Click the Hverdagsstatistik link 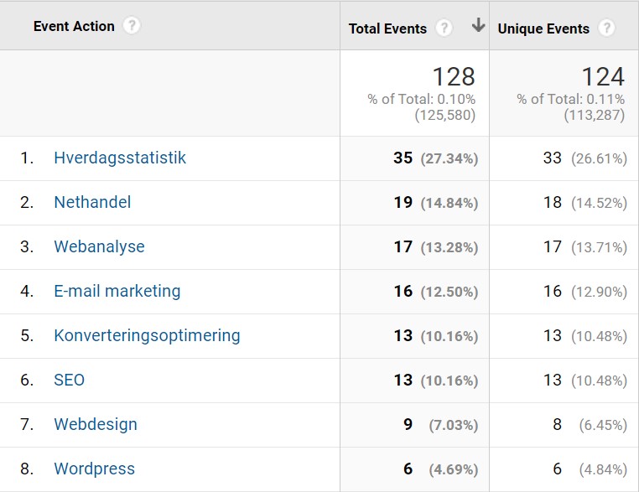(x=120, y=158)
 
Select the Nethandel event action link (x=92, y=202)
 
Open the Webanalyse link (x=99, y=246)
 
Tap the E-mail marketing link (x=117, y=291)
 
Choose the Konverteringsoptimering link (x=147, y=335)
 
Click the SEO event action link (x=70, y=380)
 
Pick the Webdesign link (x=96, y=424)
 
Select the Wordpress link (x=94, y=469)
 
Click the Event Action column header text (x=74, y=26)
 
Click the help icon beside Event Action (x=131, y=26)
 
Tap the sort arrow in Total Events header (x=478, y=26)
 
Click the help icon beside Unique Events (x=606, y=28)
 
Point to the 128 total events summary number (x=454, y=77)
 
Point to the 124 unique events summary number (x=603, y=77)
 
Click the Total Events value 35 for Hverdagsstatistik (x=403, y=158)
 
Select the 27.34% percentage (x=448, y=158)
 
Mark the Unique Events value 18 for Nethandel (x=552, y=202)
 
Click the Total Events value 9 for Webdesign (x=408, y=424)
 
